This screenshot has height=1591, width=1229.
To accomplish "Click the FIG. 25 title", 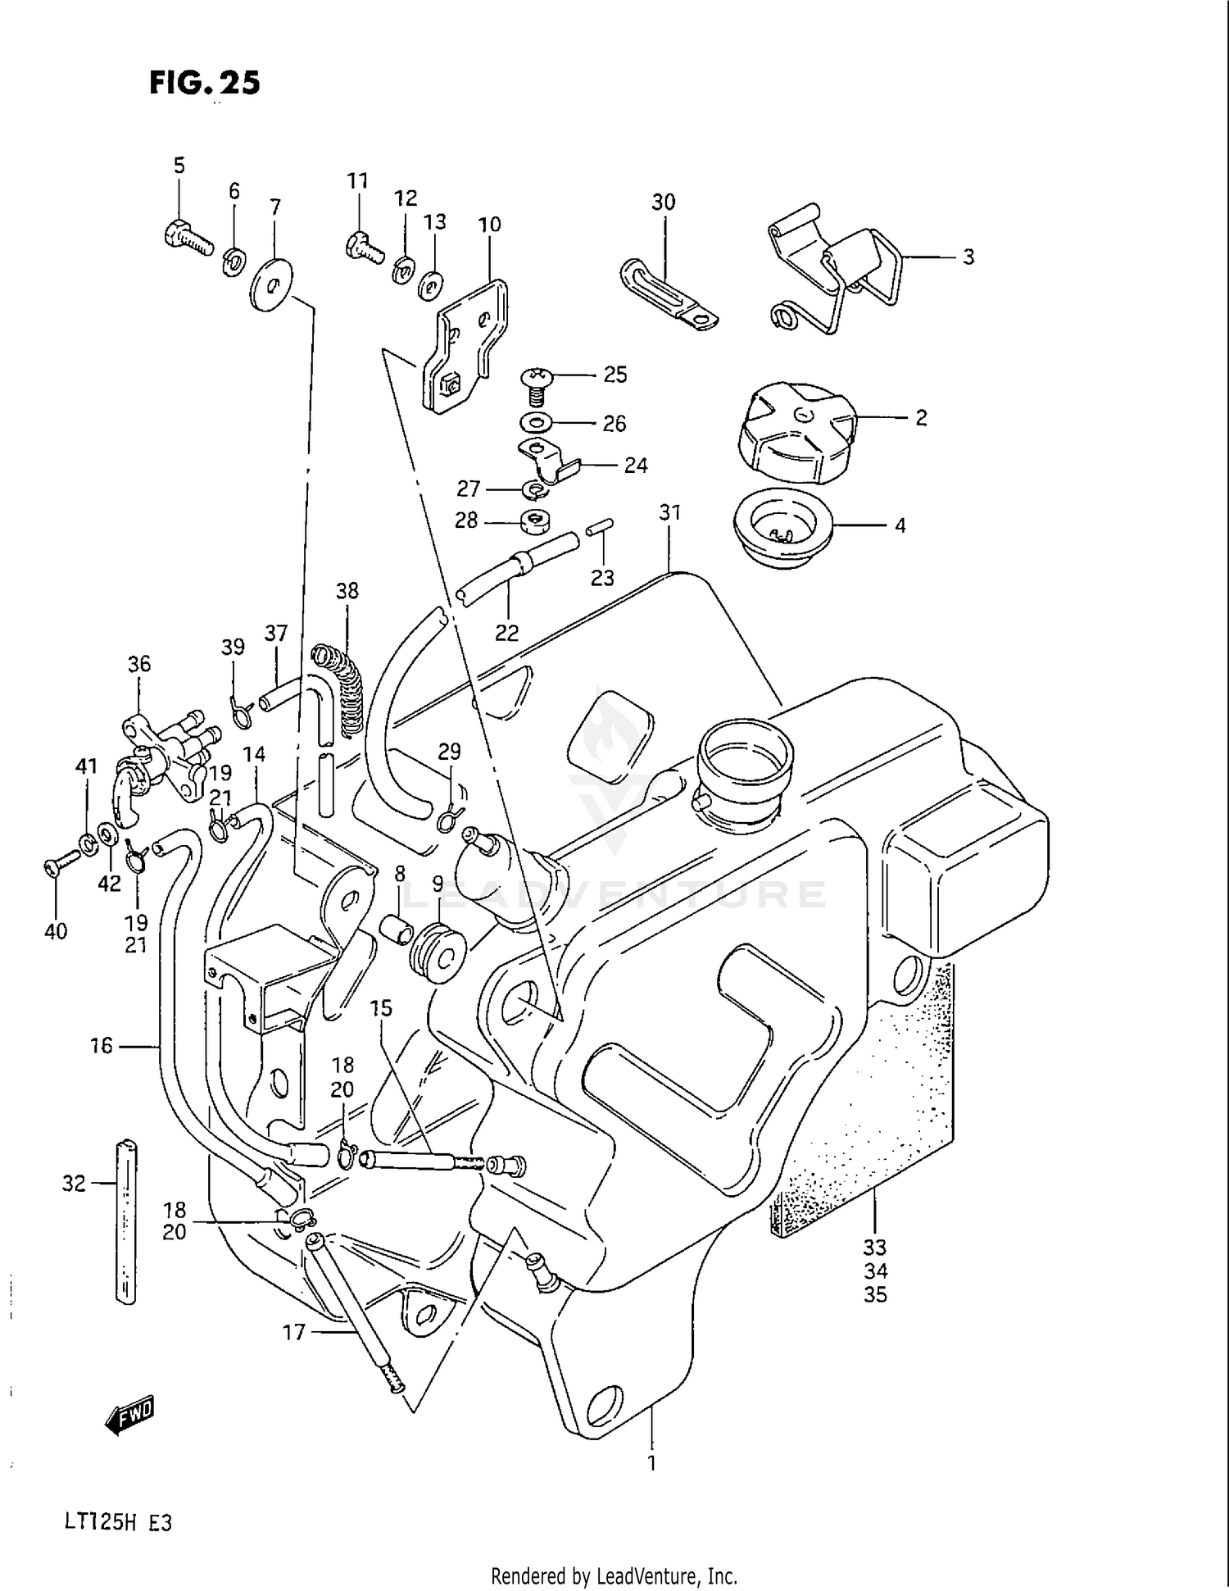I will pyautogui.click(x=204, y=83).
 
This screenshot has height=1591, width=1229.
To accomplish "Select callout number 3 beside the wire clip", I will pyautogui.click(x=968, y=257).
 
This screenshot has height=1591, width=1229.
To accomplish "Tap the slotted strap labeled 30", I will pyautogui.click(x=668, y=295).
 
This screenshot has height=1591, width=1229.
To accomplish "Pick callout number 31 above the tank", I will pyautogui.click(x=669, y=513).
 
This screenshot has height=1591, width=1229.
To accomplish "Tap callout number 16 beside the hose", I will pyautogui.click(x=101, y=1046).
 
